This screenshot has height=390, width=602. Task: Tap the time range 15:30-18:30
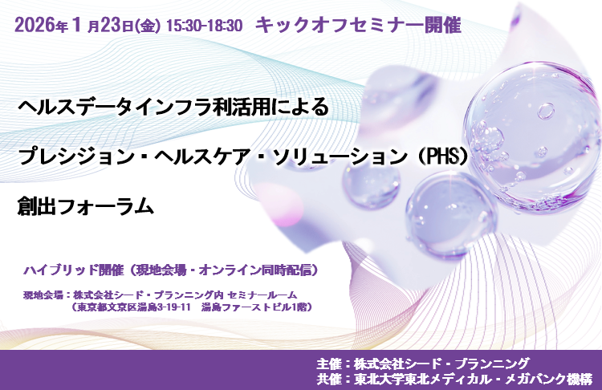pyautogui.click(x=205, y=26)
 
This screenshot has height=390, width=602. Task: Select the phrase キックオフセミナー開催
pyautogui.click(x=358, y=26)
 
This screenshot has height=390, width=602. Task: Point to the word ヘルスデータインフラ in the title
pyautogui.click(x=115, y=107)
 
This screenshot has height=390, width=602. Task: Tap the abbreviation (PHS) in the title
pyautogui.click(x=443, y=156)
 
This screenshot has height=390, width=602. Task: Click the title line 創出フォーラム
pyautogui.click(x=85, y=206)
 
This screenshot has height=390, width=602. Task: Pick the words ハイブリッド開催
pyautogui.click(x=73, y=270)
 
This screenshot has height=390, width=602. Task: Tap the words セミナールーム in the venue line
pyautogui.click(x=262, y=295)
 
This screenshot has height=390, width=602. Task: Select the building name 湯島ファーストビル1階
pyautogui.click(x=254, y=307)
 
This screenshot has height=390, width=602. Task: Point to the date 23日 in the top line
pyautogui.click(x=116, y=26)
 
